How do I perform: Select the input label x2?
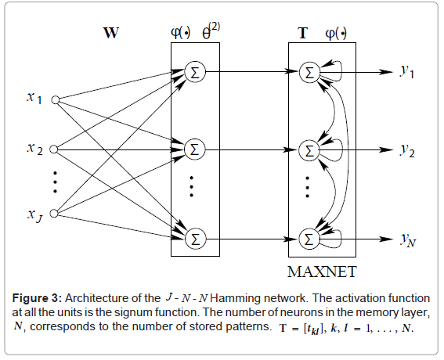(x=34, y=149)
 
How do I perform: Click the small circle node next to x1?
(x=56, y=99)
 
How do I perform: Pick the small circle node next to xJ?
(x=56, y=212)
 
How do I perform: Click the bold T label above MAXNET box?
(x=303, y=34)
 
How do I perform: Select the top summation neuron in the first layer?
(x=193, y=72)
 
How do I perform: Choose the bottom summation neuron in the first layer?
(x=193, y=236)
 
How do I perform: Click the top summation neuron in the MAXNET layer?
(x=311, y=72)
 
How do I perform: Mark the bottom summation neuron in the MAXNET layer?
(x=311, y=236)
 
